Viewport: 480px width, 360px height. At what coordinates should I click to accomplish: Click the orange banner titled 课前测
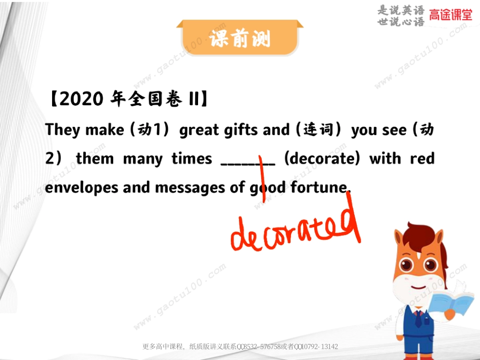239,38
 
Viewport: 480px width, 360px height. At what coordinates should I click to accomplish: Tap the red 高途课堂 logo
451,15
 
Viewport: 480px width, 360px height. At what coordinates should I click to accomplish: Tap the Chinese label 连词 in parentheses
319,130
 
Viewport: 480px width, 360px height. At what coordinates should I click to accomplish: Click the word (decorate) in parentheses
323,159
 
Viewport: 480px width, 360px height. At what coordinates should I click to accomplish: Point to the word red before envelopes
422,159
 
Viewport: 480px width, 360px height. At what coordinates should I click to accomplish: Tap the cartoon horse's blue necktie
418,319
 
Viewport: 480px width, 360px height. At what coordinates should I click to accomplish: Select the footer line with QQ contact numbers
240,347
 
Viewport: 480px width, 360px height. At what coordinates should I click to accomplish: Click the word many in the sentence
142,159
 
